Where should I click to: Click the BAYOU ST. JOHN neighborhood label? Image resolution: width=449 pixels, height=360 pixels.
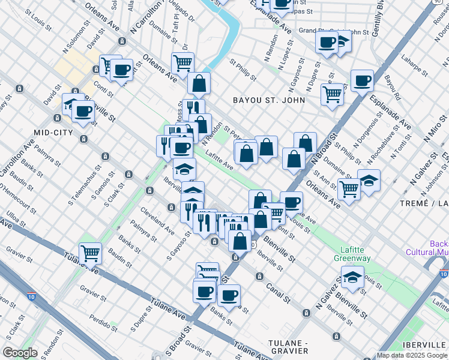click(270, 100)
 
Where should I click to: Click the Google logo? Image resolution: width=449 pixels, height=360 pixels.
click(20, 353)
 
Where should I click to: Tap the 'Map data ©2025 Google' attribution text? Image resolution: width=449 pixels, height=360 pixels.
click(412, 355)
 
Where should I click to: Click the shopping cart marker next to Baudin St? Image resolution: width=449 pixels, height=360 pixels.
click(90, 252)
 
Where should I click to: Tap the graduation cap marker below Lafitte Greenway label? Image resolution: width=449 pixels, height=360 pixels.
click(352, 277)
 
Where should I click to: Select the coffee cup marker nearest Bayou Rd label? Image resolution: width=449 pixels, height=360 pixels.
click(362, 80)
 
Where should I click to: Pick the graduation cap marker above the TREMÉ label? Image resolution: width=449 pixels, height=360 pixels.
click(369, 179)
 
